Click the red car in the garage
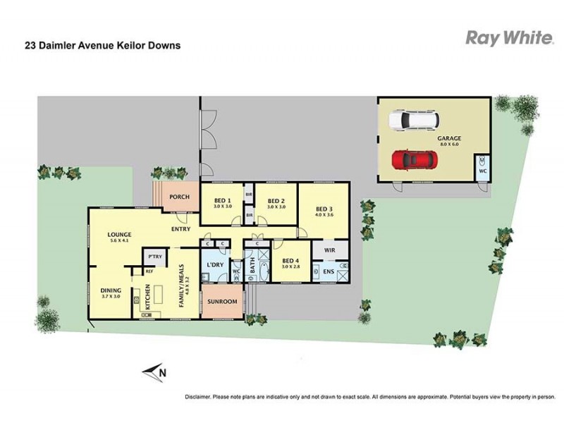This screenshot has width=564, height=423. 415,160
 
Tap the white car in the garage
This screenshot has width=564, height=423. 414,119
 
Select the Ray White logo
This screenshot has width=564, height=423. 509,38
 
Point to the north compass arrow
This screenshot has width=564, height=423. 154,372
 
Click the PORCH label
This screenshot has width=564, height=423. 179,197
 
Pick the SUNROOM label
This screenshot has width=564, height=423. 222,302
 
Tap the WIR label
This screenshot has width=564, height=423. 330,250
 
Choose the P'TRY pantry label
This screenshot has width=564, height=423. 155,257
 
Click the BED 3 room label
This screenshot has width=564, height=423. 324,209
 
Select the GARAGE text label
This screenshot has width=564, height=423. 449,138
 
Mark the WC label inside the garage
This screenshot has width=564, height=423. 483,171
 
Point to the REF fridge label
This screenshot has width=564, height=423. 149,271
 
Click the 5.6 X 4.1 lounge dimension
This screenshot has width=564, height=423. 119,240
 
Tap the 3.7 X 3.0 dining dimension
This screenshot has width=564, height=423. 111,296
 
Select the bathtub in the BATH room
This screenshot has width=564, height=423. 264,272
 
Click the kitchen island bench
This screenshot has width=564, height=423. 158,294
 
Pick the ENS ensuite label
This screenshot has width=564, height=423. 329,271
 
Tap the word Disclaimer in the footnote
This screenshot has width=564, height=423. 197,397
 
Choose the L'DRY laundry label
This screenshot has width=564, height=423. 215,265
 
